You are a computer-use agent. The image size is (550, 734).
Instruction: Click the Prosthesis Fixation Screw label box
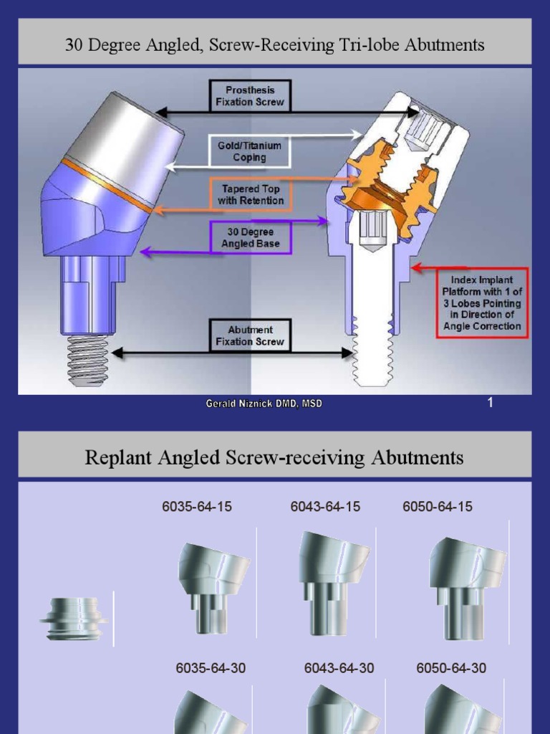(250, 96)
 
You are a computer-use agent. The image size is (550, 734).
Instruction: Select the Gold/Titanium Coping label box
(250, 151)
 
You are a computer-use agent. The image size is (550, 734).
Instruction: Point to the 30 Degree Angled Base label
(250, 238)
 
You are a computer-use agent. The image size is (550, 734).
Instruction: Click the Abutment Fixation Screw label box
(250, 336)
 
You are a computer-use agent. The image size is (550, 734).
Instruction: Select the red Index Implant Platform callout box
(482, 303)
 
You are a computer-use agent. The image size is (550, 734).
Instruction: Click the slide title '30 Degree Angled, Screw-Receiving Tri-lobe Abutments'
(274, 45)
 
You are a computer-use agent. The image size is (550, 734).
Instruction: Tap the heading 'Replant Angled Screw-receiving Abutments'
(274, 457)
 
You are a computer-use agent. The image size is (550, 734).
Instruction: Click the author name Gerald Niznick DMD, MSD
(264, 404)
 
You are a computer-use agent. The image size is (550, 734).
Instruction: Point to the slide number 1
(490, 403)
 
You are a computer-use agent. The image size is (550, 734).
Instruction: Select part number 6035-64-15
(197, 507)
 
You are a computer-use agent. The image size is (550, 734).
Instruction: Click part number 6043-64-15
(325, 507)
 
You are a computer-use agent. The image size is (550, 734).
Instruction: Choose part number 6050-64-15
(438, 507)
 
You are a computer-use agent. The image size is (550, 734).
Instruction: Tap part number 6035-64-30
(211, 668)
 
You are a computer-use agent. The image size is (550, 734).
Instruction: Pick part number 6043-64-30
(339, 668)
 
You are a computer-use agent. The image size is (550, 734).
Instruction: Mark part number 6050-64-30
(451, 668)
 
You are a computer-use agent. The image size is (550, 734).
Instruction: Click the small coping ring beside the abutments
(74, 618)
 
